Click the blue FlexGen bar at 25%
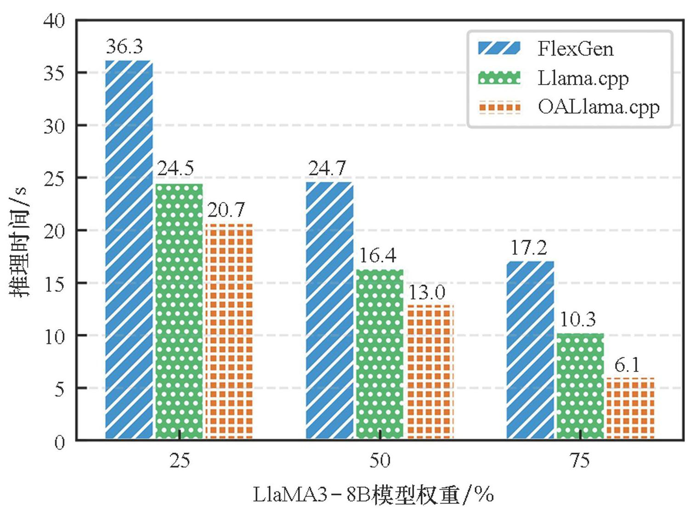129,250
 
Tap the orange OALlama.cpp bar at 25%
229,331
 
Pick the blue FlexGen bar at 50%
329,310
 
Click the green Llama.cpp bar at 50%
380,354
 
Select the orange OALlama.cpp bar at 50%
430,371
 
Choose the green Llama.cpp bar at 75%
580,386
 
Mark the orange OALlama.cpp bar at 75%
630,408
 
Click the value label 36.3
124,47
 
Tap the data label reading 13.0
427,293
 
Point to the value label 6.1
627,366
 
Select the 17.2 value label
529,248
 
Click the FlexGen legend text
575,49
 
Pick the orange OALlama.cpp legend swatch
499,107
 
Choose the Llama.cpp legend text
583,79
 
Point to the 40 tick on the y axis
54,21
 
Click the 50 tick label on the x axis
380,461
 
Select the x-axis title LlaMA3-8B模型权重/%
373,495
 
